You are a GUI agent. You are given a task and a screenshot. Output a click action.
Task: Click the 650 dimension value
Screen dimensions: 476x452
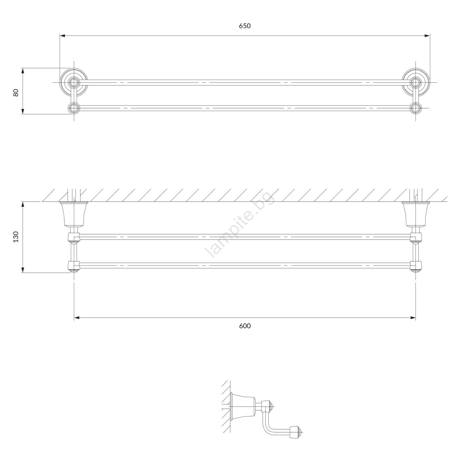245,26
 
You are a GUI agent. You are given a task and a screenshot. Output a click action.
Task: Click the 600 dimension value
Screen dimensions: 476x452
245,326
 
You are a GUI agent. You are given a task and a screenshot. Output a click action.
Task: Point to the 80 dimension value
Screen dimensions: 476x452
16,93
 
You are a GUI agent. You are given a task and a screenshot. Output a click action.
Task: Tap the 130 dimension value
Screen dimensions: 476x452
16,237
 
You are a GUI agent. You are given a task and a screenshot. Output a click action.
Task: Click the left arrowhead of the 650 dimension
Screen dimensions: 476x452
62,36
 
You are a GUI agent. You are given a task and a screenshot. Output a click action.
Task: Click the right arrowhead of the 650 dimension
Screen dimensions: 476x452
427,36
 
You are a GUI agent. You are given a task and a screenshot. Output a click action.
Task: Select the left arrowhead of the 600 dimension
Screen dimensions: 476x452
77,318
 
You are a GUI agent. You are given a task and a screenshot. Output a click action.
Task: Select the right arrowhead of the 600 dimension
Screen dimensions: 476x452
413,318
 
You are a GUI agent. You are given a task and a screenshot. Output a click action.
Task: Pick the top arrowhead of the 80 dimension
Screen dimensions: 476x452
23,71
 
